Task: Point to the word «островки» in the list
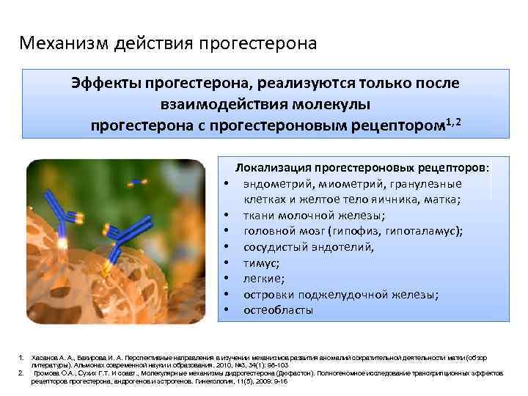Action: pos(271,294)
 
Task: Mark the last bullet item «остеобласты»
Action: pos(279,310)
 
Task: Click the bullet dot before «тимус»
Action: pos(228,263)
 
